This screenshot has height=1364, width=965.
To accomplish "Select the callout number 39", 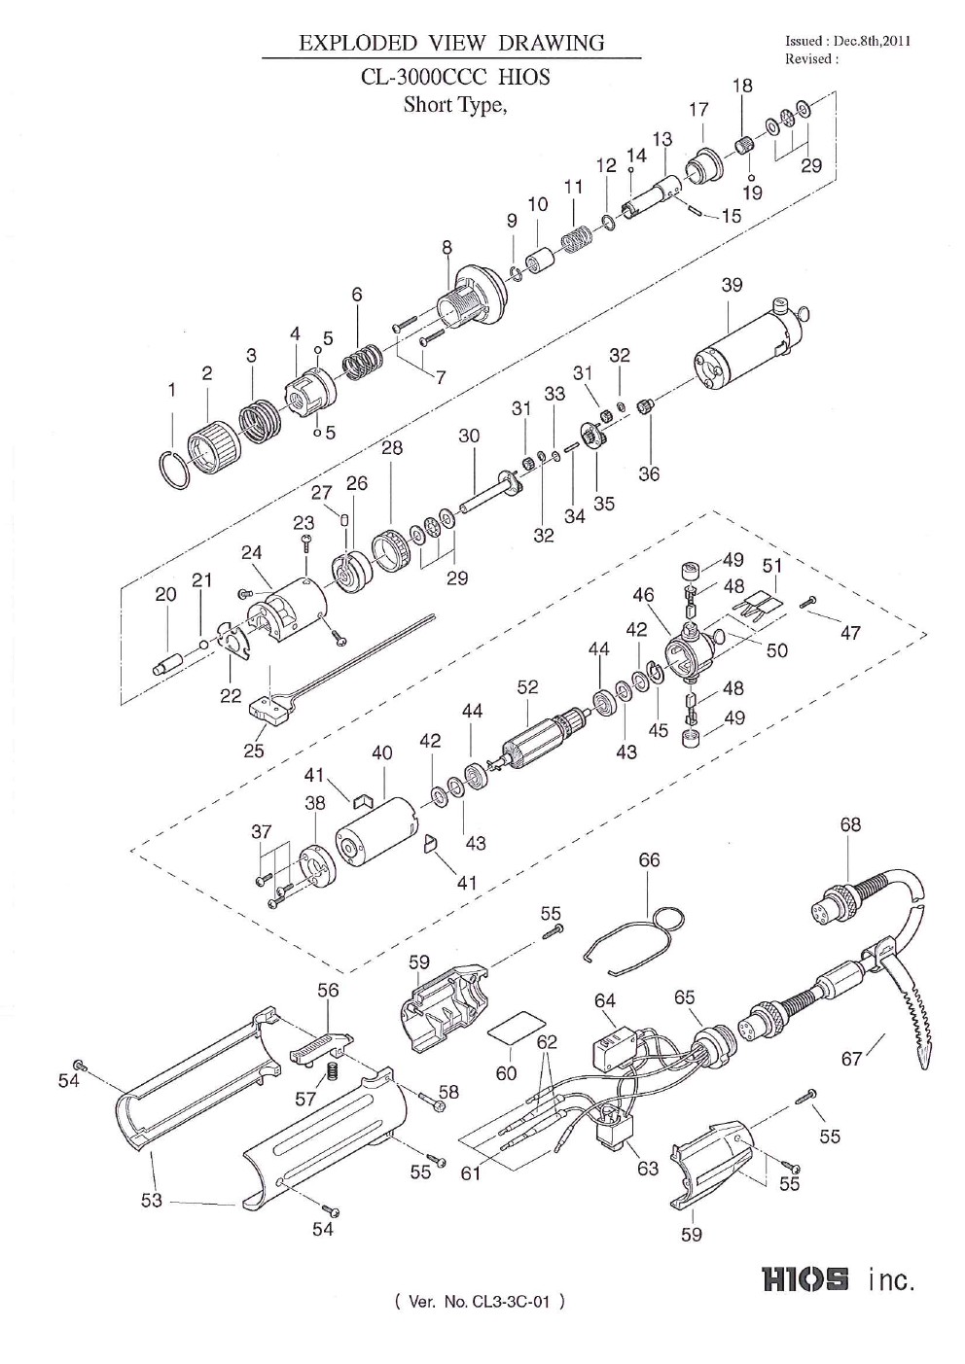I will click(732, 285).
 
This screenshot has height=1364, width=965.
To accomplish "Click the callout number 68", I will click(850, 825).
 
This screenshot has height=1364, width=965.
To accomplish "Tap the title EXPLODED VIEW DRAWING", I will click(451, 43).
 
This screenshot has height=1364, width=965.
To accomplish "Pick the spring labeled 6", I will click(364, 364).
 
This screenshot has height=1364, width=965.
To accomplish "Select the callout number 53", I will click(152, 1201).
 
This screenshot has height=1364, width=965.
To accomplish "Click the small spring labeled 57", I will click(329, 1070).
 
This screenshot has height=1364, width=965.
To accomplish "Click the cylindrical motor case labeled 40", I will click(375, 831).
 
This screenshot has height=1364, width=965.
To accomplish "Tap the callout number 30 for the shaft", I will click(469, 437).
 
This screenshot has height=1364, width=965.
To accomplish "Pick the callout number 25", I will click(253, 750).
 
